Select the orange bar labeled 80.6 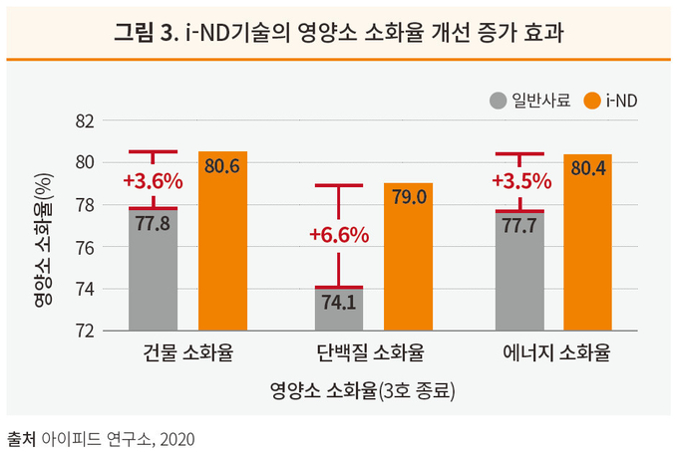pyautogui.click(x=222, y=244)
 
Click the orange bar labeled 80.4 pyautogui.click(x=588, y=244)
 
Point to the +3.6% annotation pyautogui.click(x=153, y=181)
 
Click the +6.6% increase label pyautogui.click(x=339, y=235)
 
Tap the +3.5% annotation pyautogui.click(x=519, y=181)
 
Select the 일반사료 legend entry pyautogui.click(x=528, y=100)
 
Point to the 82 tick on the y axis pyautogui.click(x=85, y=120)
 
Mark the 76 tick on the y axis pyautogui.click(x=85, y=247)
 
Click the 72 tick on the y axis pyautogui.click(x=85, y=331)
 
